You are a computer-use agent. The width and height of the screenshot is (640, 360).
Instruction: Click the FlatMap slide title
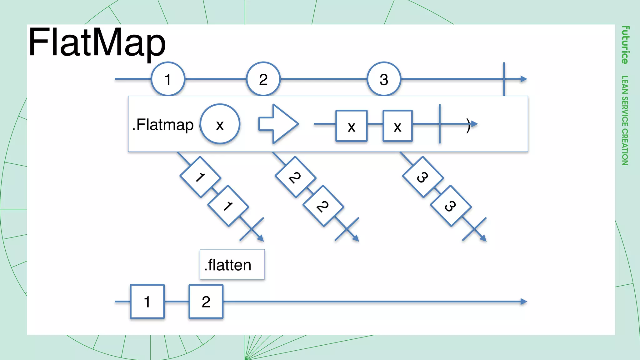click(97, 43)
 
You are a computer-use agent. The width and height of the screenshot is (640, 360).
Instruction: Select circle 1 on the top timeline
click(168, 79)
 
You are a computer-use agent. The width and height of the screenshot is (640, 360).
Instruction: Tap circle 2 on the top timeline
click(263, 79)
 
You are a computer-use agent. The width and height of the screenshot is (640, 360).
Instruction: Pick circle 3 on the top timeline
click(384, 79)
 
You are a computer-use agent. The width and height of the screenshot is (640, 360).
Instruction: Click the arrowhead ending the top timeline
click(524, 79)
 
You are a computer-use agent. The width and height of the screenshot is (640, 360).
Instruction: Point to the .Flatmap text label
click(163, 125)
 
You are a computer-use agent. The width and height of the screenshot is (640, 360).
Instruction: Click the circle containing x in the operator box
click(220, 124)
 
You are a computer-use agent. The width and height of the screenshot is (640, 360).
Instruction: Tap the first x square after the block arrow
click(351, 126)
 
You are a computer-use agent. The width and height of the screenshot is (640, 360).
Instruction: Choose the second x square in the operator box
click(397, 126)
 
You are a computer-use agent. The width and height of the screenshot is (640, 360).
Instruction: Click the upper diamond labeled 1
click(200, 177)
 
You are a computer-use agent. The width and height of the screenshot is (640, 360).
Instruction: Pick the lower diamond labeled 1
click(228, 206)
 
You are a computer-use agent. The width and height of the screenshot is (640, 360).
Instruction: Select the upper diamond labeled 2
click(295, 177)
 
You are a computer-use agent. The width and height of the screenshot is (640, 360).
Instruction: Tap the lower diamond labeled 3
click(451, 206)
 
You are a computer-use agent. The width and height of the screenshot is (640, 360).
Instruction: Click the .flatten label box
click(232, 264)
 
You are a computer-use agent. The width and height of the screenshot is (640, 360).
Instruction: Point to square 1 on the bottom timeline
click(147, 302)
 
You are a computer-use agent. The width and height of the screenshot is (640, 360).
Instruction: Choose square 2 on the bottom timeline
click(206, 302)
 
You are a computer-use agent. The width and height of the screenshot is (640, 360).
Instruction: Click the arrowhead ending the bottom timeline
click(524, 302)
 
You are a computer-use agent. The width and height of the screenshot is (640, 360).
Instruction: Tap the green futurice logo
click(625, 45)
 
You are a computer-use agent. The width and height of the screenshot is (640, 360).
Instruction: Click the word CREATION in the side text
click(625, 147)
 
